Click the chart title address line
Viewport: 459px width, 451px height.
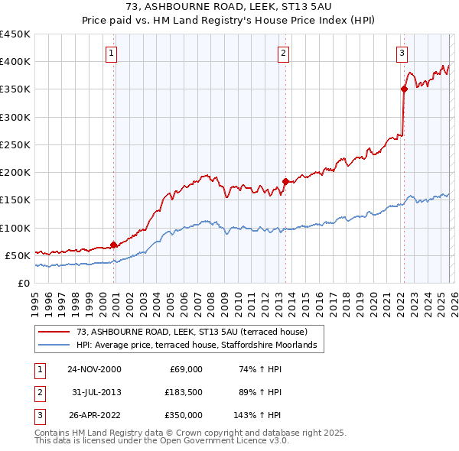[229, 7]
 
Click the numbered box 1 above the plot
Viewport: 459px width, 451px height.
[112, 53]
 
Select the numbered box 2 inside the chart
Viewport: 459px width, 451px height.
[283, 53]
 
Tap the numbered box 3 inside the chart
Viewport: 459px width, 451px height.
[402, 53]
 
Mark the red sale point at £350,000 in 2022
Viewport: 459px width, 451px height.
[404, 89]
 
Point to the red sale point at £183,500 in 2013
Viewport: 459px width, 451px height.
[285, 181]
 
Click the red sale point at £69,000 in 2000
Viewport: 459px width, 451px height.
[114, 245]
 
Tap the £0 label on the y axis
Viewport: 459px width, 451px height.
[23, 283]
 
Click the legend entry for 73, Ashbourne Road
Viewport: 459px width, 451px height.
[191, 332]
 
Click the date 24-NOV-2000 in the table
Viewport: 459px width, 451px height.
[93, 369]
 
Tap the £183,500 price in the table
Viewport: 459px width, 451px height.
[184, 392]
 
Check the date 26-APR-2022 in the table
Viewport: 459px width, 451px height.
[93, 415]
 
